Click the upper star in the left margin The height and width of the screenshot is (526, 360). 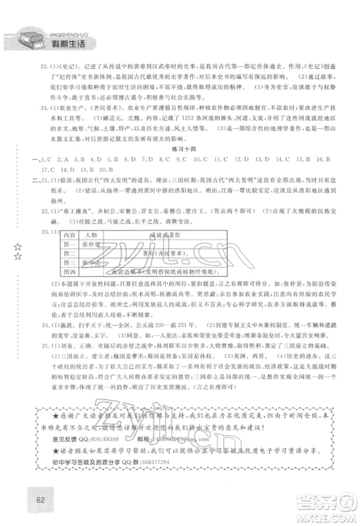tap(17, 246)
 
